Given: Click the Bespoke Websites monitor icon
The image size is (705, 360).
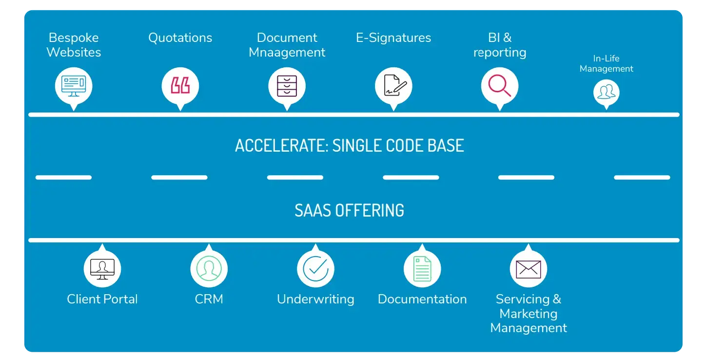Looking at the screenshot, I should click(x=74, y=86).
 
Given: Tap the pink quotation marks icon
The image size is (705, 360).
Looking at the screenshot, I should click(x=180, y=86).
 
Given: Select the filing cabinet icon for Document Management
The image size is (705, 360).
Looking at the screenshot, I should click(x=287, y=86).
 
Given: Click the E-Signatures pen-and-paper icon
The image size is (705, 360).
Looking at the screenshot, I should click(x=393, y=86).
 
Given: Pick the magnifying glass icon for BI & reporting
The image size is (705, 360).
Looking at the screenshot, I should click(x=500, y=86).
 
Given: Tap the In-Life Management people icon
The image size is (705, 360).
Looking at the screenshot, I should click(x=606, y=92).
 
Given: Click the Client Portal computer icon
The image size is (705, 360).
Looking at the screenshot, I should click(x=102, y=268).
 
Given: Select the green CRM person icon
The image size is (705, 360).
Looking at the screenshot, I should click(x=209, y=268).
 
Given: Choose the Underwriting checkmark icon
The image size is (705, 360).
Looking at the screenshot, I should click(x=315, y=268).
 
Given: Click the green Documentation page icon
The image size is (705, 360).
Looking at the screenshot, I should click(x=422, y=268).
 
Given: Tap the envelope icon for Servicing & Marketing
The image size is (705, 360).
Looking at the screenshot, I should click(x=529, y=268).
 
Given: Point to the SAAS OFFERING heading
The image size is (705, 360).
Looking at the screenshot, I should click(x=350, y=210).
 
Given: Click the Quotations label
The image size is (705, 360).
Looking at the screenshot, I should click(x=180, y=38).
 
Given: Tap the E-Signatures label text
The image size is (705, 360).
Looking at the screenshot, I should click(x=393, y=38).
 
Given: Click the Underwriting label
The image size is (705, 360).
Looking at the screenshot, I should click(x=315, y=299).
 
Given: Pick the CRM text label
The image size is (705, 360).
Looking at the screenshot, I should click(x=209, y=299).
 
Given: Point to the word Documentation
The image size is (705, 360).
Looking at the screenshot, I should click(x=422, y=299).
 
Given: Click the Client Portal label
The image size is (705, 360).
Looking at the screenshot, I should click(x=102, y=299).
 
